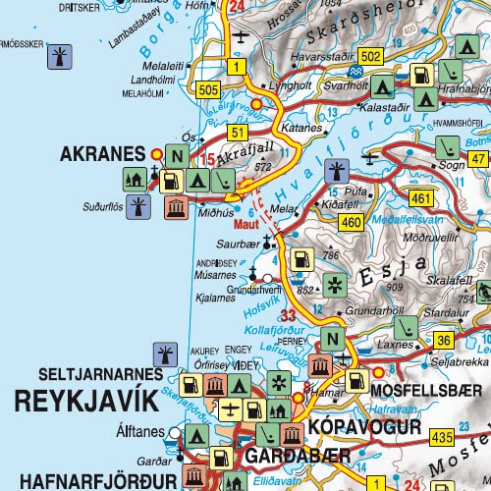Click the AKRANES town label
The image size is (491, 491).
point(102,154)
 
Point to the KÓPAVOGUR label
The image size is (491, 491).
point(364,428)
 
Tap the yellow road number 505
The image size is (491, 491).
point(208,91)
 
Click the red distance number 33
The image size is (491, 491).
point(289,316)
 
